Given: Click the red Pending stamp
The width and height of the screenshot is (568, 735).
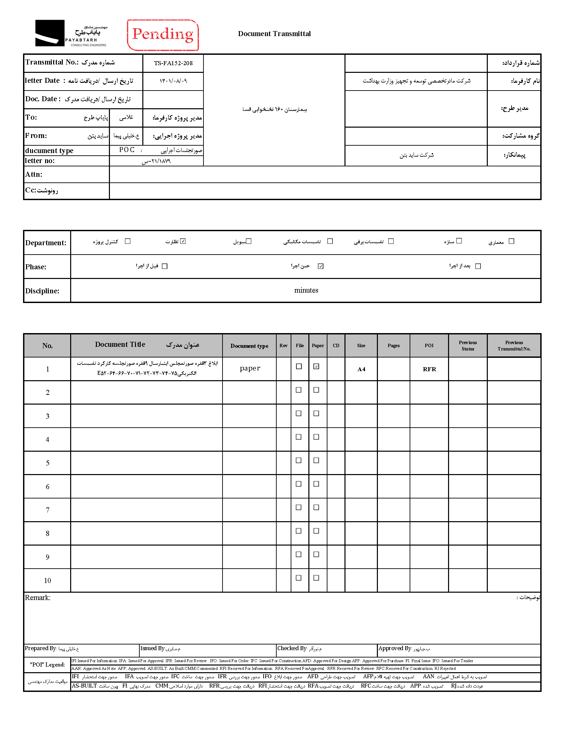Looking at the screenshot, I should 163,35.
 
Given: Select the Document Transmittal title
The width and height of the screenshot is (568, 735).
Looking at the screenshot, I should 274,34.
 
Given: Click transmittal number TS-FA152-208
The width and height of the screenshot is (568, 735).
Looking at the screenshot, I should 173,63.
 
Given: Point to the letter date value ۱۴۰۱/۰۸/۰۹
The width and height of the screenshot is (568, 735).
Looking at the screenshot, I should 173,81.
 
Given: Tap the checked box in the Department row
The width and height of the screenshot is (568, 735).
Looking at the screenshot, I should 183,241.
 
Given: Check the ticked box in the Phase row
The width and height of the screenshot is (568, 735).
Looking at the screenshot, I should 321,266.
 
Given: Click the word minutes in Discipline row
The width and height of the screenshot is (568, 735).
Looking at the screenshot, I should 306,290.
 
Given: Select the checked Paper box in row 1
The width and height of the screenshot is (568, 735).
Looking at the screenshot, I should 316,366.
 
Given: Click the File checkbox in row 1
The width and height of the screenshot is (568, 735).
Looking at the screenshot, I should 299,366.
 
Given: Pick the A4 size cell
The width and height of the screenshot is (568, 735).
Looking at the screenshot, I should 361,369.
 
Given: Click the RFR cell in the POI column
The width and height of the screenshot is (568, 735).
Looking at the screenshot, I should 429,369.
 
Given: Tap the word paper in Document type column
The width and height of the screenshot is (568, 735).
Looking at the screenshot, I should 250,368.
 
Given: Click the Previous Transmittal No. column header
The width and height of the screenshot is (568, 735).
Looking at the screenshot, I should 514,346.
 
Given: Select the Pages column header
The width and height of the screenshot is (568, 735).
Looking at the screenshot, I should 393,346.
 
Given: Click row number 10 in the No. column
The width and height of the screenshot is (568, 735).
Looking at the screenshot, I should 47,581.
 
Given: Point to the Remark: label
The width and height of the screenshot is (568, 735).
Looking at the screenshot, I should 38,598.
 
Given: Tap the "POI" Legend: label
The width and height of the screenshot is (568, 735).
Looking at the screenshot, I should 47,665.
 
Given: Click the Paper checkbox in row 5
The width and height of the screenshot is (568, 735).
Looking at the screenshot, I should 316,460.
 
